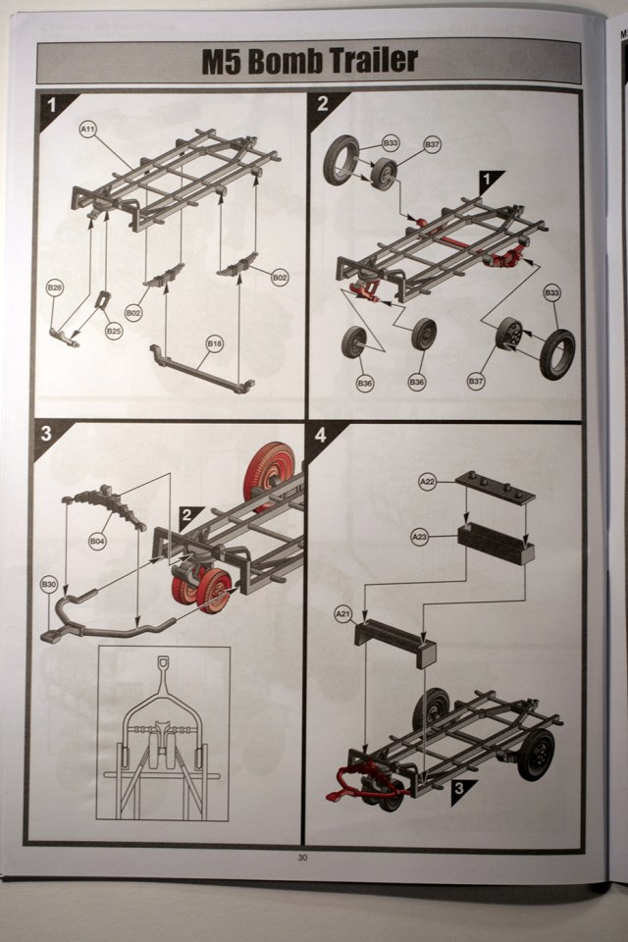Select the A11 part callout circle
(88, 129)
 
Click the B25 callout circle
(114, 331)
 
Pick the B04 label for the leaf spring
(96, 540)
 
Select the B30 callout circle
(49, 585)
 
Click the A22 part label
(427, 482)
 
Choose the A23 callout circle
(419, 536)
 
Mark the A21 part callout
(343, 614)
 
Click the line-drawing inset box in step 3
(163, 732)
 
